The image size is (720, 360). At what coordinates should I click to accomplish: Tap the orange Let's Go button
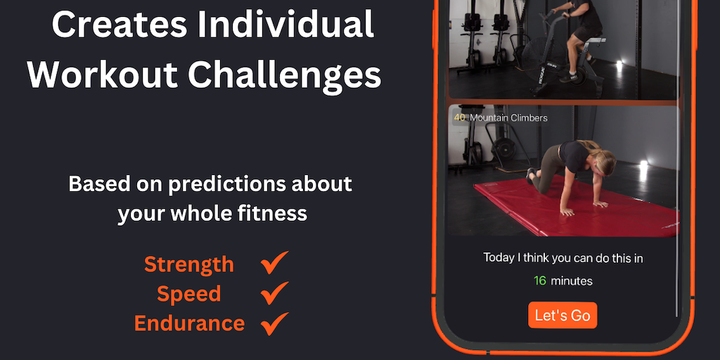coord(562,315)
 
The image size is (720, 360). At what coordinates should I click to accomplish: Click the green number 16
coord(540,281)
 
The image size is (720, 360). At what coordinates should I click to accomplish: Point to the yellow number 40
coord(459,118)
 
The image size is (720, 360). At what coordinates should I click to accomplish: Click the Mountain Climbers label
coord(508,118)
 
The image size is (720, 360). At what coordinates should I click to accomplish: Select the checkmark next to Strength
coord(274,263)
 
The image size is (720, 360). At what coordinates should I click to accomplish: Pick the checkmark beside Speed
coord(274,293)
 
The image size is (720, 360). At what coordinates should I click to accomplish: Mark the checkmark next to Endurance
coord(274,323)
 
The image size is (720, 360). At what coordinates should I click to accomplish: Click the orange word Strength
coord(189,265)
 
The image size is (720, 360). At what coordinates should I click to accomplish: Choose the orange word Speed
coord(189,295)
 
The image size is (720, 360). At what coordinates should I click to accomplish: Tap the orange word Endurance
coord(189,323)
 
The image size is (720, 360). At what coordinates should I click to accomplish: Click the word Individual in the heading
coord(285,26)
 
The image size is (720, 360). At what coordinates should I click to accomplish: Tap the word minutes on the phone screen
coord(572,281)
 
